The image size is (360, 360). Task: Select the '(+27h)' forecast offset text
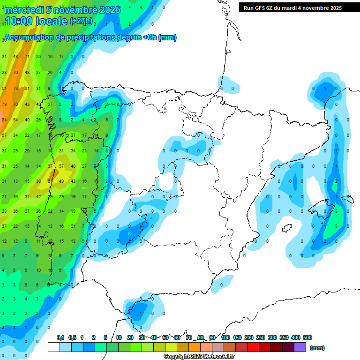coord(81,22)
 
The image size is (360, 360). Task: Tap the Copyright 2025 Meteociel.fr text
coord(199,357)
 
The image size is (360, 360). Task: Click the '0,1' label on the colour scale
coord(60,337)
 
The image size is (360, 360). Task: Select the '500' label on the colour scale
coord(307,337)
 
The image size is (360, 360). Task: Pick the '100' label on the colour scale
coord(225,337)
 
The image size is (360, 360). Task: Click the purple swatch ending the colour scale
coord(300,347)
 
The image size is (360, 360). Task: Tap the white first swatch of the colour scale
coord(53,347)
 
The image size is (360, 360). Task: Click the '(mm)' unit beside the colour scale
coord(318,348)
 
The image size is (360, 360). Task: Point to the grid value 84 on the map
coord(4,120)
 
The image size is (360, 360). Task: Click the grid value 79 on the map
coord(4,104)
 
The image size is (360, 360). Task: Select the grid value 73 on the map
coord(15,88)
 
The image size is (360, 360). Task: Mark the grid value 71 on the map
coord(27,57)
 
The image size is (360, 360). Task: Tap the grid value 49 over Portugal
coord(61,181)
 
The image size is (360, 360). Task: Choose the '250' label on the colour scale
coord(261,337)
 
